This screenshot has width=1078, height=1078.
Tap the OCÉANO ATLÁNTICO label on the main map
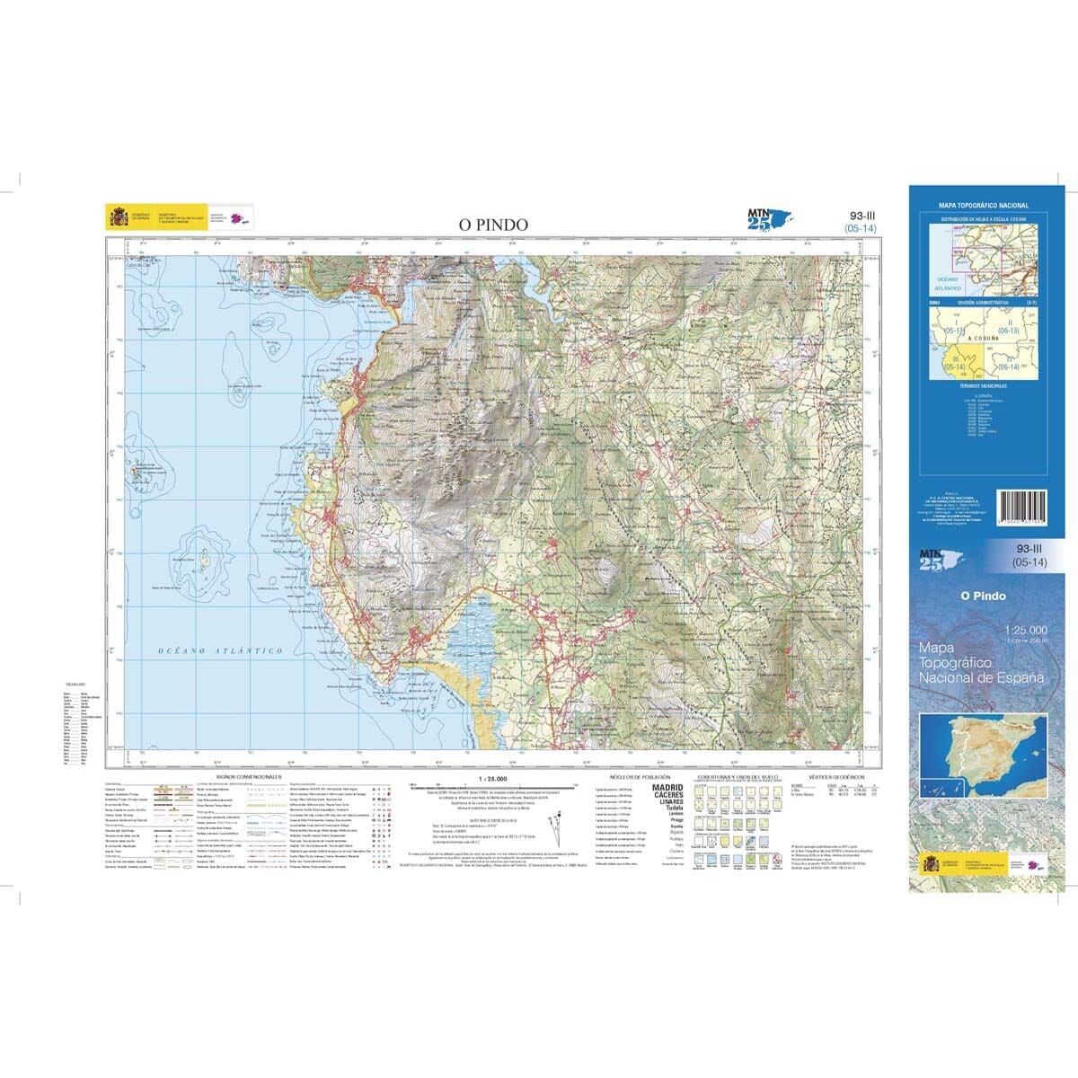click(x=220, y=650)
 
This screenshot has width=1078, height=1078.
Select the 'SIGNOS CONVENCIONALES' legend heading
click(x=249, y=776)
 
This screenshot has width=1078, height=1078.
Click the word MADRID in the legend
click(x=667, y=787)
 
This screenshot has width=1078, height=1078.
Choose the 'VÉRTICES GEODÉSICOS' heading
click(x=835, y=776)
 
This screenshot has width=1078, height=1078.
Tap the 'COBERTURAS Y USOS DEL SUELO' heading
click(x=740, y=776)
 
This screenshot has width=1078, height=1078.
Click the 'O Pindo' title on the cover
click(x=983, y=596)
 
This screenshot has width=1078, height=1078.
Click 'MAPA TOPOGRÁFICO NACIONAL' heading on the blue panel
click(x=984, y=206)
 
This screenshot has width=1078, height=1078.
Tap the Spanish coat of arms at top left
click(x=119, y=217)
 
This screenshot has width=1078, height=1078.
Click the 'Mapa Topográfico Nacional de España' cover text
click(x=981, y=662)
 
